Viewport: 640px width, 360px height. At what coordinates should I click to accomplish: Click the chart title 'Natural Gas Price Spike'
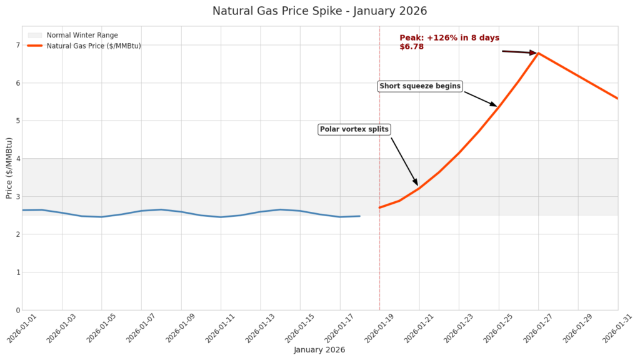(x=319, y=11)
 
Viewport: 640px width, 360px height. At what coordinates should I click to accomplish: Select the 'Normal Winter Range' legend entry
(x=82, y=36)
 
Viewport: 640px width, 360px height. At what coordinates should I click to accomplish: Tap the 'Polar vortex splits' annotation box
(x=354, y=129)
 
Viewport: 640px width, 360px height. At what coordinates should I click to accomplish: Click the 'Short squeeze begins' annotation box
(x=420, y=86)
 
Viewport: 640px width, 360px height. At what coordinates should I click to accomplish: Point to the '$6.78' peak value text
(x=411, y=47)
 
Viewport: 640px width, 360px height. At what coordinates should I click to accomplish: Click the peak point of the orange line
(x=538, y=53)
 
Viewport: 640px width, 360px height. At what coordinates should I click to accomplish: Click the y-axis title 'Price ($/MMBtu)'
(x=9, y=168)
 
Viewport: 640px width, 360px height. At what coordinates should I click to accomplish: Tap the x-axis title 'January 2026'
(x=319, y=350)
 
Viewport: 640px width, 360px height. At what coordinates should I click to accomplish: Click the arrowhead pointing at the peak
(x=533, y=53)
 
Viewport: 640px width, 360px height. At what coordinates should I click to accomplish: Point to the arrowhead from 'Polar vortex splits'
(x=416, y=182)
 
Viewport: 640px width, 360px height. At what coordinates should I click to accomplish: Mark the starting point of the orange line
(x=379, y=207)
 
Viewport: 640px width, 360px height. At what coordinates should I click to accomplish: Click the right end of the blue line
(x=359, y=216)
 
